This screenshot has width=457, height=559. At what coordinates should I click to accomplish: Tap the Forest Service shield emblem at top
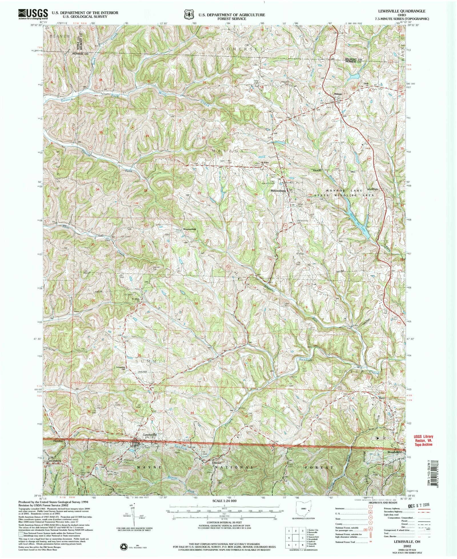tap(188, 15)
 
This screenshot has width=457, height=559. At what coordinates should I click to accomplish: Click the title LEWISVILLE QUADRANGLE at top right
tap(409, 11)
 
